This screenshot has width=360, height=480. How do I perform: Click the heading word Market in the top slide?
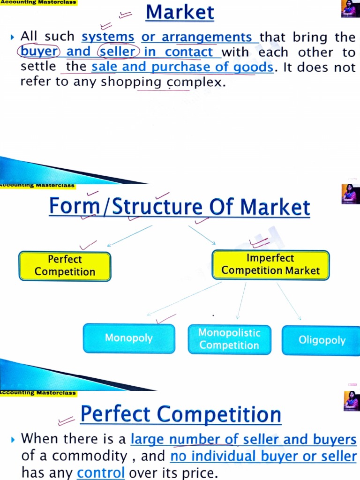point(180,13)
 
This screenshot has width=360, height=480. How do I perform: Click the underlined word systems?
point(108,37)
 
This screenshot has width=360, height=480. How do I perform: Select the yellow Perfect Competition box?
point(65,266)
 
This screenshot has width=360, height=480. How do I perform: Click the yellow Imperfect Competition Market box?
point(270,264)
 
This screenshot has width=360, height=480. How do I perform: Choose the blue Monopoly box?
point(129,338)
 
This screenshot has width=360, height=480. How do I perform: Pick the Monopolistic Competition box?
point(229,339)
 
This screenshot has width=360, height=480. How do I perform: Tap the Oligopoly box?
point(322,340)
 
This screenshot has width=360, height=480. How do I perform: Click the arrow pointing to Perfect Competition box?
point(129,235)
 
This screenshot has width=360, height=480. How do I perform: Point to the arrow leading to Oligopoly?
point(289,301)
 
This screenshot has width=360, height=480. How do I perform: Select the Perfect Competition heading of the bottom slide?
point(180,414)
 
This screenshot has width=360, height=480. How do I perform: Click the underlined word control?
point(101,473)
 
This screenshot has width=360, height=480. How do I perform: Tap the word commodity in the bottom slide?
point(89,456)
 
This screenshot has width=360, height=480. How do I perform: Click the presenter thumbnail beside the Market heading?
point(350,9)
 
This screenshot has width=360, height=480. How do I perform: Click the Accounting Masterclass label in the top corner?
point(38,2)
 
